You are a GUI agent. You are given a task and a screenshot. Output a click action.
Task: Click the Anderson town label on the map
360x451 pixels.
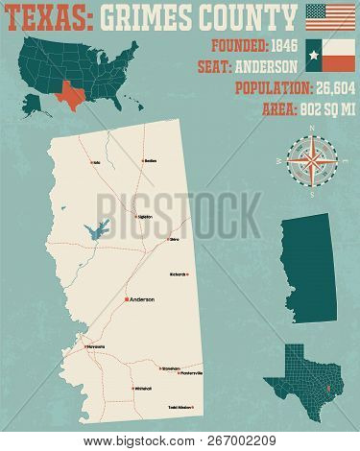click(141, 298)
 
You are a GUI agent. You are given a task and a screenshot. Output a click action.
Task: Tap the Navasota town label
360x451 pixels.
click(95, 345)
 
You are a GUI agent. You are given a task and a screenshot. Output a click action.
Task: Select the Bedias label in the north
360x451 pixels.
click(150, 161)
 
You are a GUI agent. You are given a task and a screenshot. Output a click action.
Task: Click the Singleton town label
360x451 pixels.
click(145, 218)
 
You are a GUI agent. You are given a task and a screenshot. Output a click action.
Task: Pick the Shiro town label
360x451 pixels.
click(175, 240)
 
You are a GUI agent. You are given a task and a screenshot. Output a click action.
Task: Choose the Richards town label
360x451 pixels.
click(178, 275)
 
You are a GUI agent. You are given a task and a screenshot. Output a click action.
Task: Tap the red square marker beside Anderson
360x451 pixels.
click(124, 299)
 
